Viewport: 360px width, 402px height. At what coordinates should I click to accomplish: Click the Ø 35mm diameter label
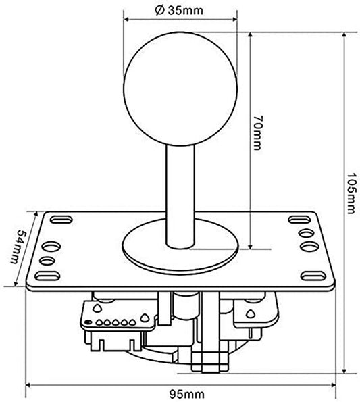[179, 10]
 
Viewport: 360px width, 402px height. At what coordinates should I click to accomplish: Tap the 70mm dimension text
[257, 132]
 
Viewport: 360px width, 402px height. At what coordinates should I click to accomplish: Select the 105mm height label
[351, 193]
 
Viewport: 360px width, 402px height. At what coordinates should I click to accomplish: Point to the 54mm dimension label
[18, 247]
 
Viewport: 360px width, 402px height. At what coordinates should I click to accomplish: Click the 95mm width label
[187, 394]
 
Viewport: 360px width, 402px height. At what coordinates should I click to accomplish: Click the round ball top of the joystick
[180, 89]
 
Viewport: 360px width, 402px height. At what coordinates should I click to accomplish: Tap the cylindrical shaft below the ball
[180, 196]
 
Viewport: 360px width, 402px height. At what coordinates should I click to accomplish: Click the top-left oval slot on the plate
[61, 220]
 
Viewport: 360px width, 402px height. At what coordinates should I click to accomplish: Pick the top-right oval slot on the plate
[299, 220]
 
